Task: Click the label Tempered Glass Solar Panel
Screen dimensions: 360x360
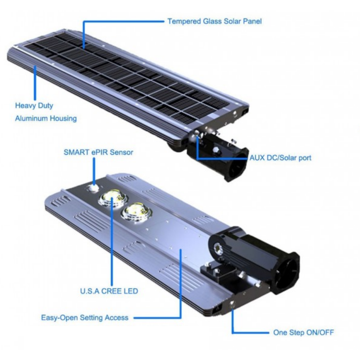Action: (214, 21)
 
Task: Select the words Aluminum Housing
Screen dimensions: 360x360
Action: (45, 118)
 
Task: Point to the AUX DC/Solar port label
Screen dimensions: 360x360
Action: (280, 158)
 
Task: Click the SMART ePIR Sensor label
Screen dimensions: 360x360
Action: (98, 152)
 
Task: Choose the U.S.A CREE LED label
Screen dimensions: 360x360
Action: (109, 291)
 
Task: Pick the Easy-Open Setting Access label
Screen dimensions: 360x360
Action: (85, 318)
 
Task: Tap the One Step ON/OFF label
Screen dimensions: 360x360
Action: (303, 332)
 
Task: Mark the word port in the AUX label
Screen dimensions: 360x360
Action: (303, 158)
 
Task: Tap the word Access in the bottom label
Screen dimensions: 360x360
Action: (117, 318)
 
